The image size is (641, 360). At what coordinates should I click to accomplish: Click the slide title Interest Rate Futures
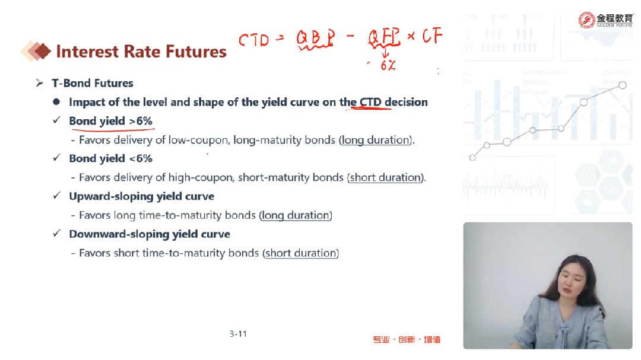coord(141,52)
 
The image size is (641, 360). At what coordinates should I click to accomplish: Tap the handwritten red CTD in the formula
coord(254,40)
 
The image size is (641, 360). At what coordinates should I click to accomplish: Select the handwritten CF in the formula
coord(432,36)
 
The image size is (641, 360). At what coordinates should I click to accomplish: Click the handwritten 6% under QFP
coord(388,65)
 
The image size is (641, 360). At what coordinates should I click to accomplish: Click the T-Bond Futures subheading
coord(93,83)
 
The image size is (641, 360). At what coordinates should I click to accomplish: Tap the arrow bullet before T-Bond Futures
coord(39,83)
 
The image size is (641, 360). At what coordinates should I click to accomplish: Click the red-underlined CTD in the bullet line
coord(370,102)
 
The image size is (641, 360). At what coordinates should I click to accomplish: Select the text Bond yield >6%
coord(110,121)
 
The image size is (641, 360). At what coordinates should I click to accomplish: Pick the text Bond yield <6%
coord(110,158)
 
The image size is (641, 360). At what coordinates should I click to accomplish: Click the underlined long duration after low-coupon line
coord(376,140)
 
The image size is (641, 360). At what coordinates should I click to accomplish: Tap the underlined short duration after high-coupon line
coord(385,177)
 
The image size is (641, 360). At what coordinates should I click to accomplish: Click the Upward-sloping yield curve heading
coord(141,196)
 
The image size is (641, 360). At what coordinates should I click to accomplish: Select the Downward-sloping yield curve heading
coord(149,234)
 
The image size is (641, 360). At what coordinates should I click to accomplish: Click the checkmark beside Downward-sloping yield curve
coord(57,233)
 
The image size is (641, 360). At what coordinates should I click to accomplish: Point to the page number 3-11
coord(238,334)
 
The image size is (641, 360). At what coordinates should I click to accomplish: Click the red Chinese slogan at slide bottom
coord(407,339)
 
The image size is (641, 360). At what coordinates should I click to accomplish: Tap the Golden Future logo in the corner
coord(605,20)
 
